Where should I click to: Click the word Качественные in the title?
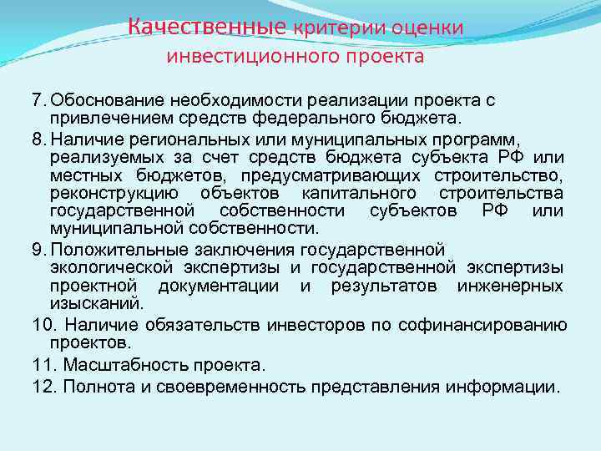point(207,28)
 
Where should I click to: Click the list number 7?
point(37,100)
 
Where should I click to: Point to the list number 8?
point(37,137)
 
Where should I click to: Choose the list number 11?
point(41,365)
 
